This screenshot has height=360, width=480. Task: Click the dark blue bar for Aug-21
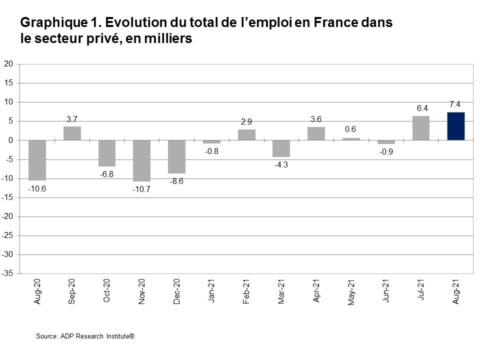point(455,126)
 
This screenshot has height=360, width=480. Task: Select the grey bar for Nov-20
point(141,160)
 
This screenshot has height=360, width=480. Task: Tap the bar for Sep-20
point(72,133)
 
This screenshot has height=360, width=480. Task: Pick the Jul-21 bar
point(421,128)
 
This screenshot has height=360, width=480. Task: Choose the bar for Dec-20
point(176,156)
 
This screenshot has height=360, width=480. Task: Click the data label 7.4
point(455,104)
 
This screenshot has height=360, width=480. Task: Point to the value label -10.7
point(141,189)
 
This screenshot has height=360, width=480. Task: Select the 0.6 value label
point(351,129)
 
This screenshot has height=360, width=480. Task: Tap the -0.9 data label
point(386,151)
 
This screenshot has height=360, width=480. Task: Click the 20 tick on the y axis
point(8,64)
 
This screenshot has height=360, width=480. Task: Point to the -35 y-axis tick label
point(7,274)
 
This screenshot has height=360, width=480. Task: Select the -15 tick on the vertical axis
point(7,198)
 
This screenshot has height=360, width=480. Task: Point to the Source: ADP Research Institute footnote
point(85,336)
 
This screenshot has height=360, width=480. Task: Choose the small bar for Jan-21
point(211,142)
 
